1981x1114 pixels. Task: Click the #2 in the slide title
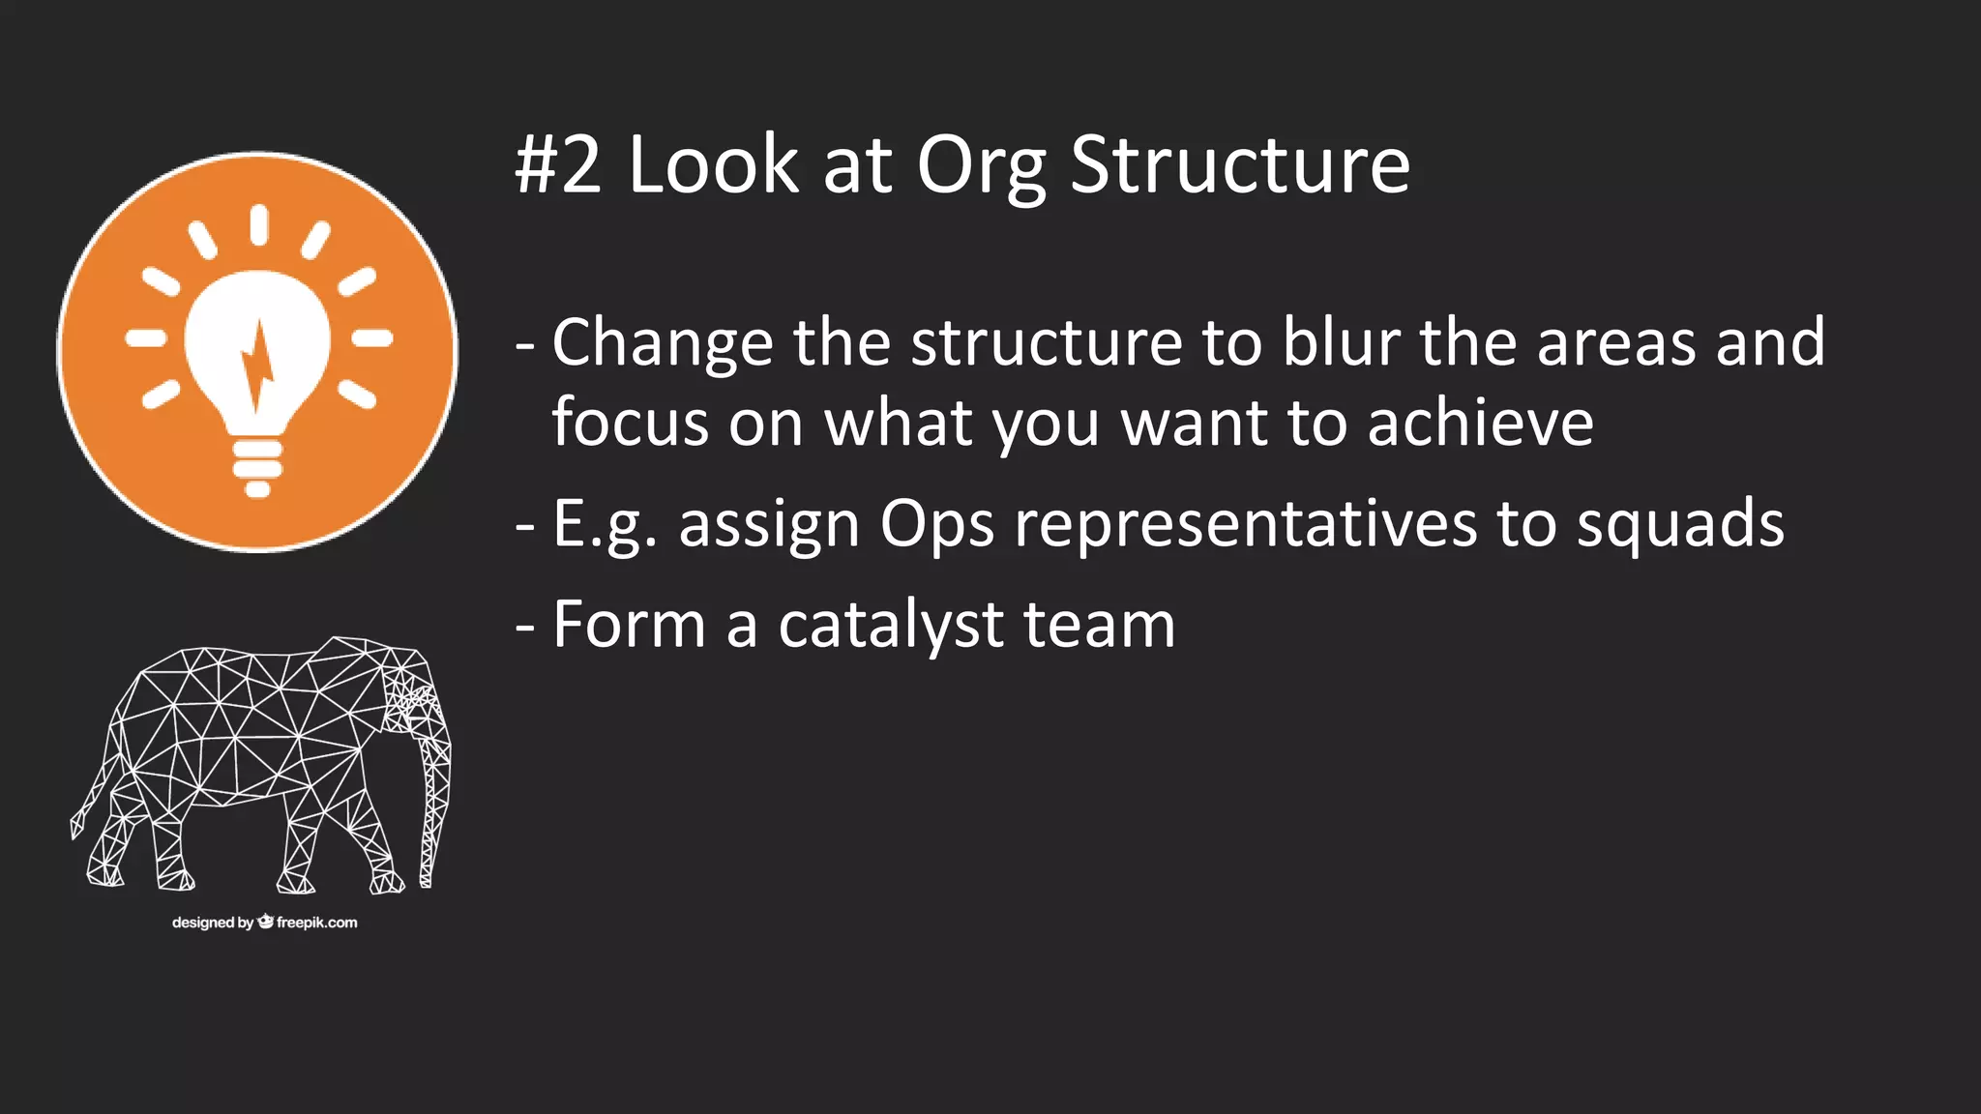(557, 165)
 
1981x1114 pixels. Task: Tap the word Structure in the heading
(1240, 165)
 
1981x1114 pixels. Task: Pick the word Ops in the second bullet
(936, 525)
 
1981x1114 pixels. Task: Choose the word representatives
(1246, 525)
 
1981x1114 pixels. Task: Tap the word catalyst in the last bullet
(890, 626)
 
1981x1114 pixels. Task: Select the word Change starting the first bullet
(663, 343)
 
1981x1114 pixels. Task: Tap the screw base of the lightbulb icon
(257, 466)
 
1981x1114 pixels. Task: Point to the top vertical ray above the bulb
(258, 224)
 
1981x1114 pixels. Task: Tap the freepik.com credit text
(316, 923)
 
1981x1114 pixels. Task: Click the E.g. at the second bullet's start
(604, 525)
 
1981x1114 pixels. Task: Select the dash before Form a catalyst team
(525, 627)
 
